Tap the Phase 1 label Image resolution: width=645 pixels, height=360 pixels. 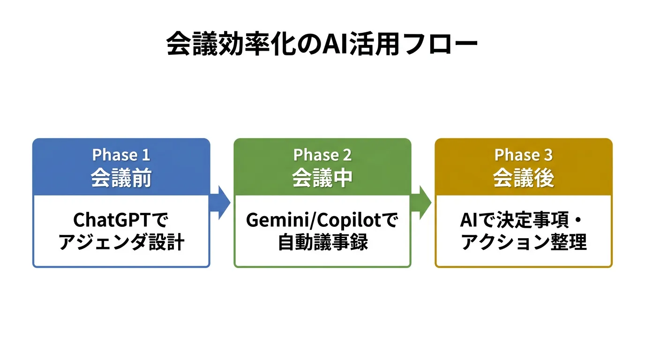121,155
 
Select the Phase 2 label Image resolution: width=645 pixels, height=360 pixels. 322,155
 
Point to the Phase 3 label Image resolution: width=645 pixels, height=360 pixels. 523,155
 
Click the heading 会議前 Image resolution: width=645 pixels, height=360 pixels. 121,178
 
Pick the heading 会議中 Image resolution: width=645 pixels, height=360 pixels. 322,178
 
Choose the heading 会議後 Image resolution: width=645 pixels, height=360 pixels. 523,178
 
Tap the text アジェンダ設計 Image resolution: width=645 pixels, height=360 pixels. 121,243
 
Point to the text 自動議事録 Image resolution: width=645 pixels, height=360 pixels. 322,243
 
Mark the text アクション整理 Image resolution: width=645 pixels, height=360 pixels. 523,243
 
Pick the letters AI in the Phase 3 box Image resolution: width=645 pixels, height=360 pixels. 470,220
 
